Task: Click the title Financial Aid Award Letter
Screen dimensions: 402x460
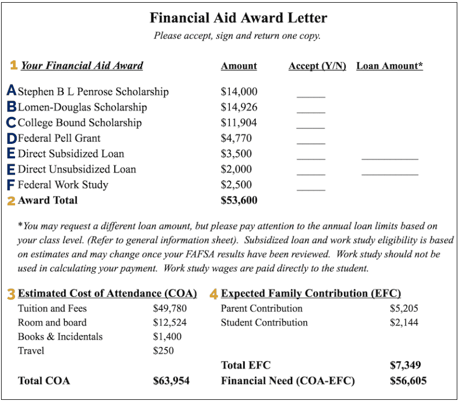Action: click(x=238, y=18)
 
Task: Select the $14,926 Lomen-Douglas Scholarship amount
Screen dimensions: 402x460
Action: click(x=239, y=107)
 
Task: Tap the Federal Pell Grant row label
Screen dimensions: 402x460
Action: click(x=59, y=138)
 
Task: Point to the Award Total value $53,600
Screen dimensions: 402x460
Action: click(x=239, y=200)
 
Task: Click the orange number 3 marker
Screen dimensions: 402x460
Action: click(x=11, y=294)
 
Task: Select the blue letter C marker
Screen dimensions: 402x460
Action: click(x=11, y=123)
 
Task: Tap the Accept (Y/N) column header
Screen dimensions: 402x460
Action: click(x=317, y=66)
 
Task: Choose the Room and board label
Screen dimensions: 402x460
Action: click(x=52, y=323)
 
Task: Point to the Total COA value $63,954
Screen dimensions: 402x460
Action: click(x=171, y=381)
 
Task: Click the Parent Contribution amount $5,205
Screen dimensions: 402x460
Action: click(x=404, y=309)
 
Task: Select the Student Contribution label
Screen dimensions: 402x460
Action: click(x=264, y=323)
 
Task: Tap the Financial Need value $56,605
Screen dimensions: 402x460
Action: click(x=408, y=381)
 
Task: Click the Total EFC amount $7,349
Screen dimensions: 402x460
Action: click(x=405, y=365)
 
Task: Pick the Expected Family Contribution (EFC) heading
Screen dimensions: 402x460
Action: click(x=311, y=294)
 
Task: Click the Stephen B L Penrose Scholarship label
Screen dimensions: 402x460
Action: click(x=93, y=92)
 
